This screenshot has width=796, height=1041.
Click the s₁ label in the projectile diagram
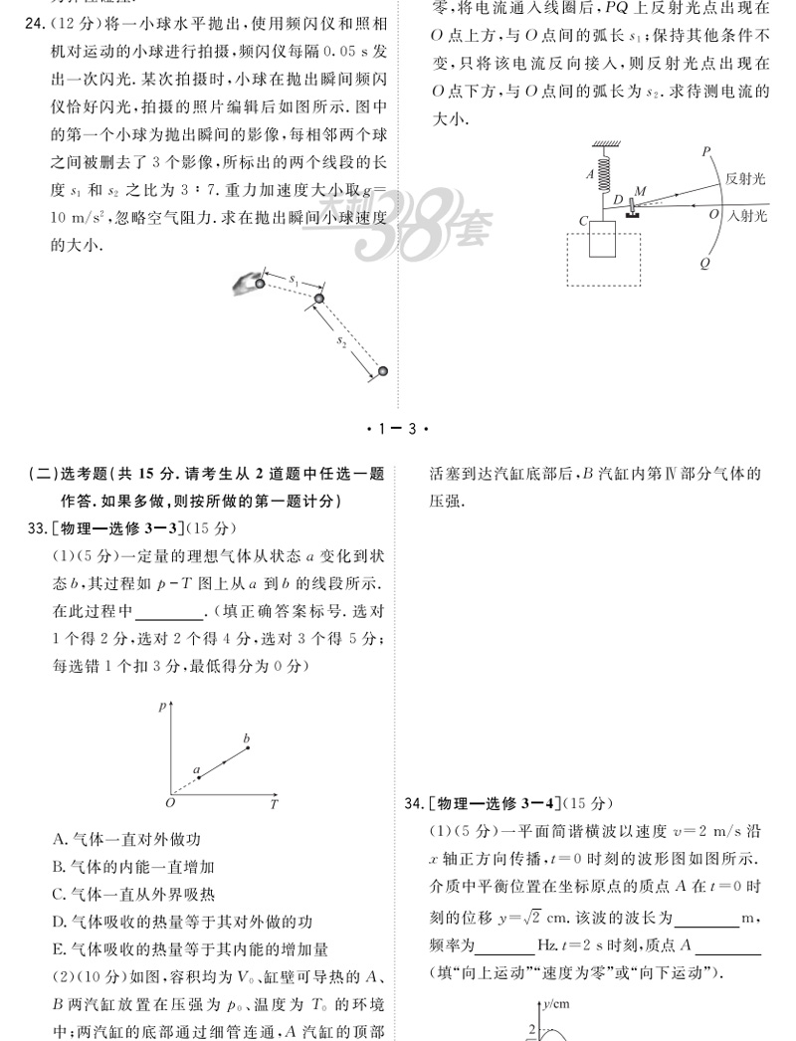[295, 283]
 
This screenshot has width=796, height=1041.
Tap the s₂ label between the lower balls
[340, 341]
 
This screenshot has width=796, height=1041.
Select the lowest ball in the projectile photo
[382, 372]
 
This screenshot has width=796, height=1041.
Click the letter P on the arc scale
[704, 151]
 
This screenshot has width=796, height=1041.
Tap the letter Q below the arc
[704, 264]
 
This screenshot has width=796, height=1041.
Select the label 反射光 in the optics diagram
[745, 178]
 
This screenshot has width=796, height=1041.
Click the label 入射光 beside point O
[749, 215]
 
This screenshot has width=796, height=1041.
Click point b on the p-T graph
[248, 739]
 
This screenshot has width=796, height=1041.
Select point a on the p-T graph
[198, 770]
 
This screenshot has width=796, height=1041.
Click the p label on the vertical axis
[162, 705]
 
